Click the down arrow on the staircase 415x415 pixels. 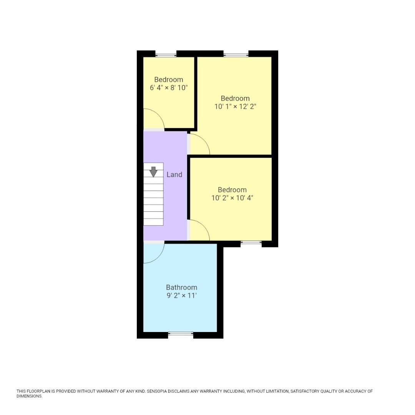tap(153, 171)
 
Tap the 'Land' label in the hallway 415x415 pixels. tap(174, 174)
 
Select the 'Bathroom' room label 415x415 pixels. tap(181, 287)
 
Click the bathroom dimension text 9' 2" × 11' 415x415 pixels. tap(181, 295)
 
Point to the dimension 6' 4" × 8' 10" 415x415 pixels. tap(169, 88)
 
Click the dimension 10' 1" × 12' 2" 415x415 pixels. tap(235, 106)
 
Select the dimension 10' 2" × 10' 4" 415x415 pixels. tap(232, 198)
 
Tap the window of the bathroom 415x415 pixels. tap(181, 334)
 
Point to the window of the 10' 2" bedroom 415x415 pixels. tap(251, 242)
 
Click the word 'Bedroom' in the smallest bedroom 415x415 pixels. tap(169, 80)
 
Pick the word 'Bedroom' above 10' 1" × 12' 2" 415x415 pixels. tap(235, 98)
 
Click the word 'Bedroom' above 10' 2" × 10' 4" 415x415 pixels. tap(232, 190)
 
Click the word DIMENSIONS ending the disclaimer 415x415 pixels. tap(29, 396)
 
